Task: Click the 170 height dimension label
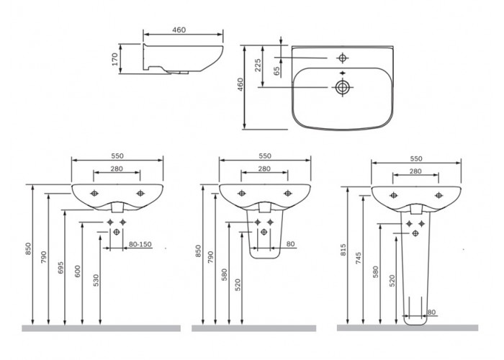click(x=115, y=59)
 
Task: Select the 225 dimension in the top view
click(x=258, y=66)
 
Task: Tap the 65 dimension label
click(x=276, y=71)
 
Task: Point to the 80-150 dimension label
click(x=140, y=244)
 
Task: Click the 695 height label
click(x=60, y=268)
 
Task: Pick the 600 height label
click(x=78, y=271)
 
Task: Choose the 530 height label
click(x=96, y=280)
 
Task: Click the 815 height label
click(x=343, y=250)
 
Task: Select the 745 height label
click(x=359, y=258)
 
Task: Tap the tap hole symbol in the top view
click(x=342, y=58)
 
